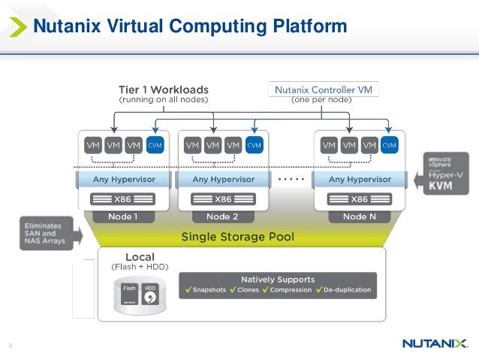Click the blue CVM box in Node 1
coord(155,145)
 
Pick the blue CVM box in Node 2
coord(255,145)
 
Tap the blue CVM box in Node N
coord(390,145)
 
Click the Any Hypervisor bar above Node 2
coord(223,180)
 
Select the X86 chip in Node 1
coord(122,199)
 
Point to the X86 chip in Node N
coord(360,199)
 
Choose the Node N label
coord(360,216)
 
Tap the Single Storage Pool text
coord(237,237)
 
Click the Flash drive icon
coord(129,293)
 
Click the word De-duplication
coord(348,290)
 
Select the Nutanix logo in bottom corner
coord(435,343)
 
